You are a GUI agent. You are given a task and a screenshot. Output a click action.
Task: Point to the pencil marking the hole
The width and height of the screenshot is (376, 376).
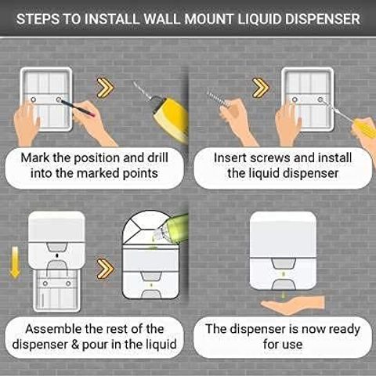pos(78,107)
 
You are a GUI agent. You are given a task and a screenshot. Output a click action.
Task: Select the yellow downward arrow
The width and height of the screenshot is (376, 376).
pos(15,262)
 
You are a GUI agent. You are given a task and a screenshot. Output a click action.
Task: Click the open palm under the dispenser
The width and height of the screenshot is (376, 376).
pos(293,305)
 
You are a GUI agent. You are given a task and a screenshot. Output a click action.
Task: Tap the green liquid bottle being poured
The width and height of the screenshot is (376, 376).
pos(172,226)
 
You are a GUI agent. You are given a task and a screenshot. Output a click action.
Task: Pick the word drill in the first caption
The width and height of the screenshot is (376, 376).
pos(157,157)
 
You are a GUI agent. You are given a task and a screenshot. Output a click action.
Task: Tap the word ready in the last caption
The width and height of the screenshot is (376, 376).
pos(345,330)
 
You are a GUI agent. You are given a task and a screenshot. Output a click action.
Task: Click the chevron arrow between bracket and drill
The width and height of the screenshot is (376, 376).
pos(105,88)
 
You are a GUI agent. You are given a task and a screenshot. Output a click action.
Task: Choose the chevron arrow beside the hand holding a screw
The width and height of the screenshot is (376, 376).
pos(260,88)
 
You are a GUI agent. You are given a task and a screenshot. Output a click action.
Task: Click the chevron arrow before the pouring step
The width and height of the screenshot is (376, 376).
pos(105,269)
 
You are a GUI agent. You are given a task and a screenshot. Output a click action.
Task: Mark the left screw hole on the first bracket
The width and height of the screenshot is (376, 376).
pos(34,99)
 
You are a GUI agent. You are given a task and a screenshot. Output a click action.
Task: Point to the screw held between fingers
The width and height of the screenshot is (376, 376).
pos(218,99)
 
